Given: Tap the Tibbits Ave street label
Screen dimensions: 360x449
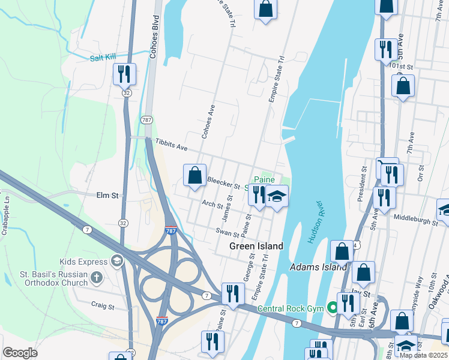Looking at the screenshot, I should [x=172, y=146].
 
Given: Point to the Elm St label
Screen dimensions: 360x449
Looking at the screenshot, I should [x=107, y=195].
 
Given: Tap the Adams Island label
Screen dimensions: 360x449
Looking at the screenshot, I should [x=318, y=267].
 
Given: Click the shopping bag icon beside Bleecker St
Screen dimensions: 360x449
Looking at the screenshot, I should [x=194, y=176].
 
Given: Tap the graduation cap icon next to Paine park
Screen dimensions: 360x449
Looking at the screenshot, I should [x=277, y=197].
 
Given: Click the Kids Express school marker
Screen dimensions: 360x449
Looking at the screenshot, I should [x=116, y=261].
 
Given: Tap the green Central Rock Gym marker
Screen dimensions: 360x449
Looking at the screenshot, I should [x=330, y=308].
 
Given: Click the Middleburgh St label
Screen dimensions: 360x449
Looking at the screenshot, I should [x=417, y=221].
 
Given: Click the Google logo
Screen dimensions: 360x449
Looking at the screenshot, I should [x=20, y=353].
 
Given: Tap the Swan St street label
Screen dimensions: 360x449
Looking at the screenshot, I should [x=228, y=231].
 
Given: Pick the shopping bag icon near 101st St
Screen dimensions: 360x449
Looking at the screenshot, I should [x=403, y=86].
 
